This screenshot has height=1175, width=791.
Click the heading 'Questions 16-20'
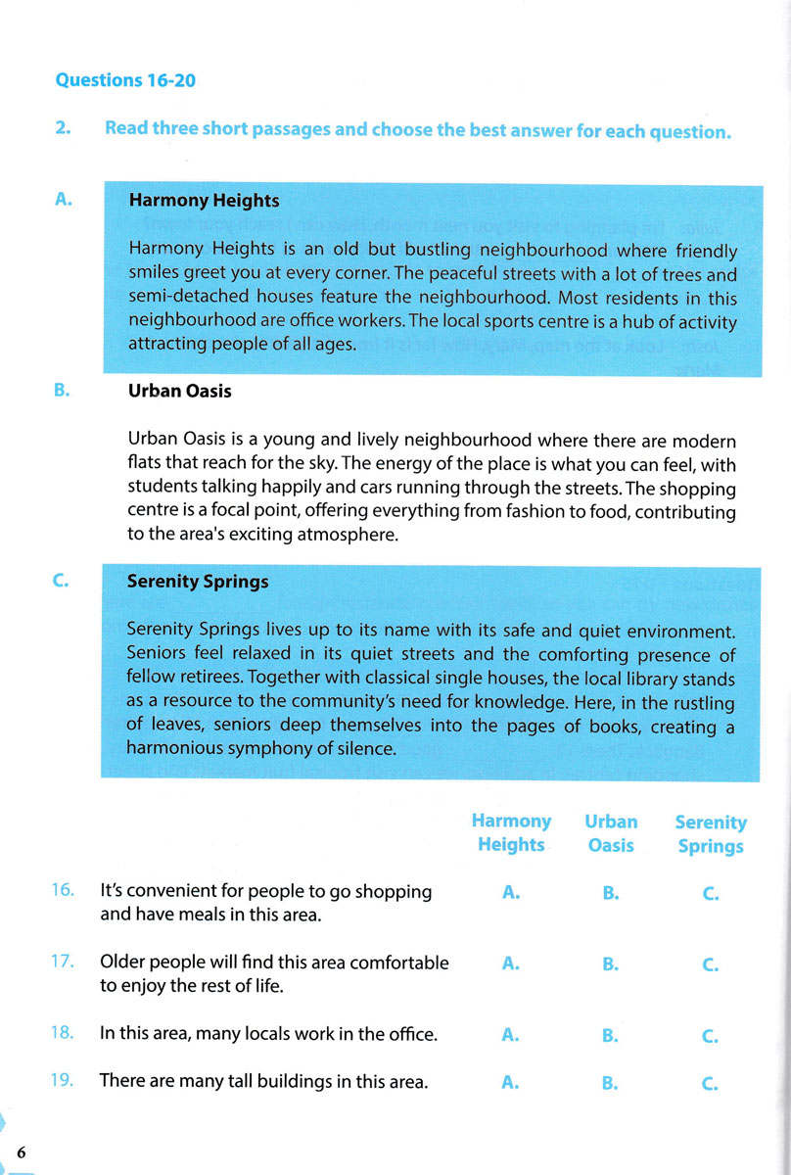(125, 80)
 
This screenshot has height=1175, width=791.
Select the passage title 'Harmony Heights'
(204, 201)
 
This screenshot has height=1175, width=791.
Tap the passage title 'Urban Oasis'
(179, 390)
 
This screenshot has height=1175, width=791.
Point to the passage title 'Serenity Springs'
(198, 581)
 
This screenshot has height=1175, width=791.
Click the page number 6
(21, 1151)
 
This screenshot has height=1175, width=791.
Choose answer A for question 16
(510, 893)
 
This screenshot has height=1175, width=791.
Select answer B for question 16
(610, 893)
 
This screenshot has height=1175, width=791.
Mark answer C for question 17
(711, 964)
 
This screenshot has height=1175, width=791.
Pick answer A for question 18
(510, 1035)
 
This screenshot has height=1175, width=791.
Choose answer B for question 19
(610, 1083)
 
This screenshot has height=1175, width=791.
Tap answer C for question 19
(711, 1083)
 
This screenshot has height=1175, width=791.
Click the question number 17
(63, 961)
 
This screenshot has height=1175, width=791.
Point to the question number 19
(63, 1081)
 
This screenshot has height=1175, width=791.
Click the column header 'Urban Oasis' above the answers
(611, 833)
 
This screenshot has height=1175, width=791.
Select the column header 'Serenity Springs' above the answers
(711, 834)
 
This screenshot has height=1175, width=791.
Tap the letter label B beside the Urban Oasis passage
(62, 390)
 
